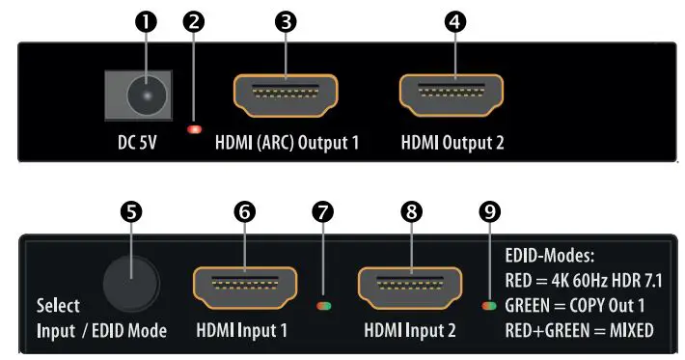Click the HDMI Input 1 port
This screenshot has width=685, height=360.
[x=245, y=287]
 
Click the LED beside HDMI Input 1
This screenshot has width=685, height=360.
[x=326, y=308]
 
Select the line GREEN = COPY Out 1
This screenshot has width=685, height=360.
[x=576, y=307]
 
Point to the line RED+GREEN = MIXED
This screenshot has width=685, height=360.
[x=579, y=331]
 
